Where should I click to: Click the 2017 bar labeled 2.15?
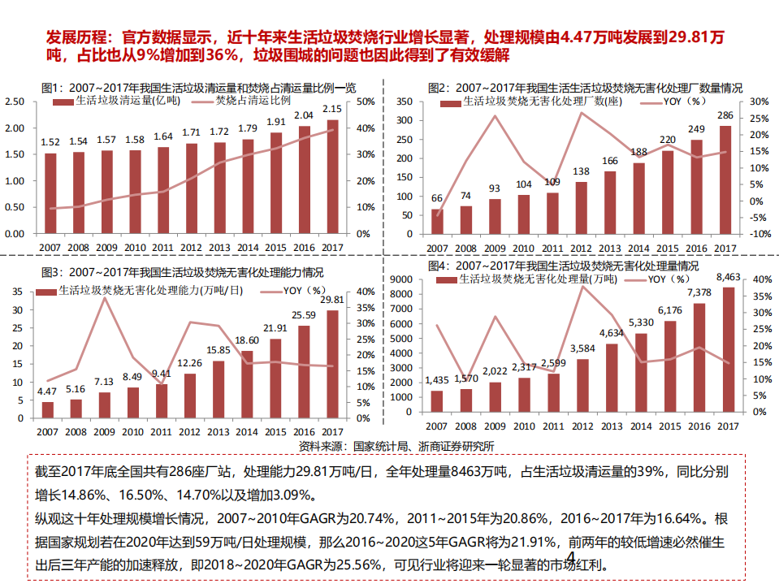pyautogui.click(x=332, y=176)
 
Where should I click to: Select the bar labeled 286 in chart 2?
pyautogui.click(x=725, y=180)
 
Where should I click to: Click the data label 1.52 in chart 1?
pyautogui.click(x=50, y=142)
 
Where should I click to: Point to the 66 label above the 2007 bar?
pyautogui.click(x=437, y=198)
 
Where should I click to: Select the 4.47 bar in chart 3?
pyautogui.click(x=47, y=408)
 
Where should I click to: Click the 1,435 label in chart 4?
pyautogui.click(x=436, y=380)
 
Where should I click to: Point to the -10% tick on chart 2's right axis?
pyautogui.click(x=757, y=234)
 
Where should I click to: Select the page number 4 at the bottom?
pyautogui.click(x=571, y=558)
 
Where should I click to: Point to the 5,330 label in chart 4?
pyautogui.click(x=640, y=323)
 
